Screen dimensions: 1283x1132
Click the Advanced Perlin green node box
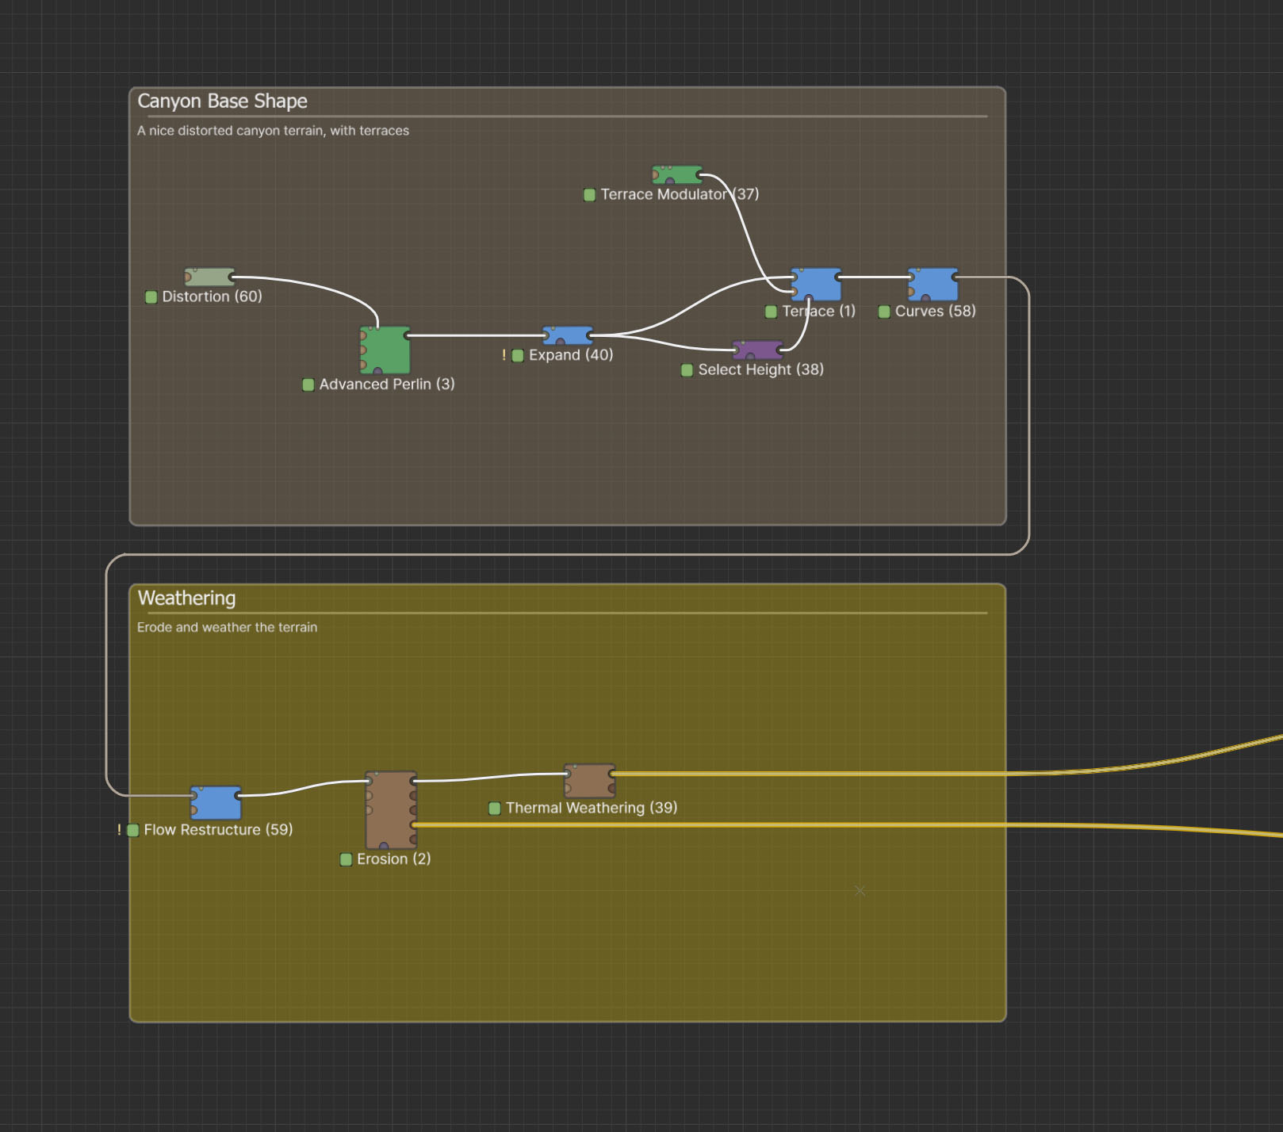[385, 350]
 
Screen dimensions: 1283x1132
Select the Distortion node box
[209, 277]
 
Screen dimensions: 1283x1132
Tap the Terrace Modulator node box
[677, 174]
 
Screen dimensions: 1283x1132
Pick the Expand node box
[568, 335]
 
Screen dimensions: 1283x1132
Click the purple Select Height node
[758, 350]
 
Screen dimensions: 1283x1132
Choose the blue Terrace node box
[816, 285]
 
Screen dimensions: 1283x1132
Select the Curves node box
[933, 285]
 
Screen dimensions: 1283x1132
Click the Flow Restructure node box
[216, 802]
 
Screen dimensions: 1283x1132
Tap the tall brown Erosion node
[391, 810]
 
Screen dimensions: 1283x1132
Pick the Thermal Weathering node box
[590, 781]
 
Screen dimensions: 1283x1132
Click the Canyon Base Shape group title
[223, 101]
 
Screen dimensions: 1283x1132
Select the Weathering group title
[187, 599]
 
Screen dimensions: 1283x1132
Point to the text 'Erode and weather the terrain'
[227, 627]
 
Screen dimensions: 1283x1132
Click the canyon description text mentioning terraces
[274, 131]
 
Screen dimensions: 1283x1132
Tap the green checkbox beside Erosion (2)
[346, 859]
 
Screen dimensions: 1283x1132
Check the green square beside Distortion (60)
[151, 297]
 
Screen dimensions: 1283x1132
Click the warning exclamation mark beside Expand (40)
[504, 355]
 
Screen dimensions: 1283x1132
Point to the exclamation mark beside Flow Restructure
[119, 830]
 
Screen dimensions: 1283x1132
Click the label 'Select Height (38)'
[761, 369]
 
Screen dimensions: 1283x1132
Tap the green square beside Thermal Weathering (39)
[495, 809]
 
